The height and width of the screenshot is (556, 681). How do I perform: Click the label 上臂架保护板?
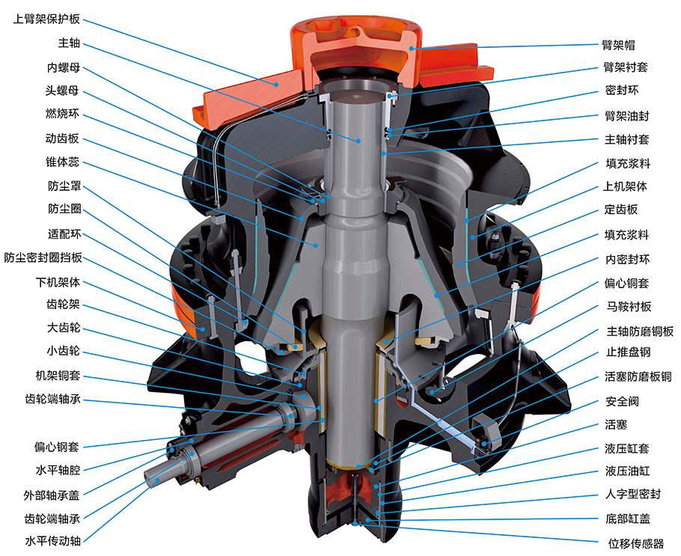(x=46, y=19)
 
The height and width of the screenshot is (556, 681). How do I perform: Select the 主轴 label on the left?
(x=69, y=43)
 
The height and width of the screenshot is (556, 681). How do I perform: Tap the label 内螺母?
(x=64, y=67)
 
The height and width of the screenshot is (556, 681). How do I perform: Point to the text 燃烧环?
(x=63, y=114)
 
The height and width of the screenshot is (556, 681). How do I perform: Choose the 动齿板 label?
(x=63, y=138)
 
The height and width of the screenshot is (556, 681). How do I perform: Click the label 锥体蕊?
(x=63, y=162)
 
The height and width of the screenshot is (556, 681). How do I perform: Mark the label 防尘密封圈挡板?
(x=43, y=257)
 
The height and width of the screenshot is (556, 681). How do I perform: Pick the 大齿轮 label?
(x=64, y=328)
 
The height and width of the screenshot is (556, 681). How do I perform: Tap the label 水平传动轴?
(x=52, y=541)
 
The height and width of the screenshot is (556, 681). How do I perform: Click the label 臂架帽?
(x=618, y=45)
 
